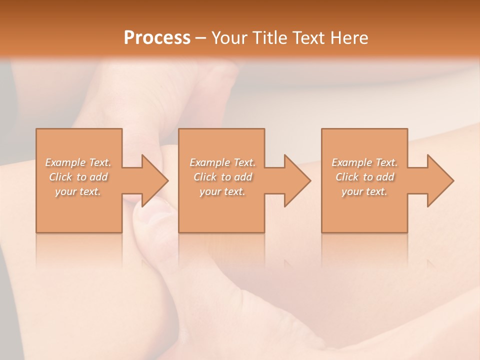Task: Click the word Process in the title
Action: pos(157,38)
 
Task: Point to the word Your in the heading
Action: pos(230,38)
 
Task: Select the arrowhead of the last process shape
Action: pos(439,180)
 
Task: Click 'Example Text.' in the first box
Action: pos(78,162)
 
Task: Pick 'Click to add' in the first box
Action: pos(78,177)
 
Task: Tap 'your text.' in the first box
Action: pos(78,191)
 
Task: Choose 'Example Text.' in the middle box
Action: pos(222,162)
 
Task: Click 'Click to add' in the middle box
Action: pos(222,177)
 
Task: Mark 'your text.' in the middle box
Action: pos(222,191)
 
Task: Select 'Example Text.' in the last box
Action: pos(364,162)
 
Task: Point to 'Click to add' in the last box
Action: pos(364,177)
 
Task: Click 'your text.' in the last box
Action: pos(364,191)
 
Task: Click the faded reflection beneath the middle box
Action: pos(221,250)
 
